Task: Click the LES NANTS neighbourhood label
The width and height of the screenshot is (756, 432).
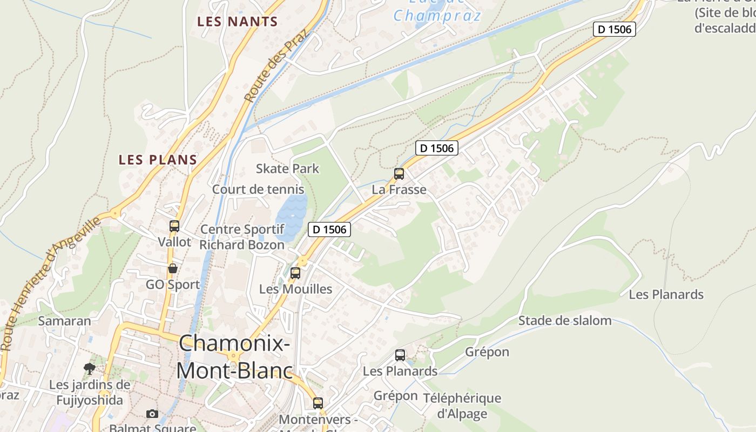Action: pos(237,22)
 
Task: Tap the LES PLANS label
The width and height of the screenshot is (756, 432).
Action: pos(158,160)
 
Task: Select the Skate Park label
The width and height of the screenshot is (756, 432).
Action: pos(287,168)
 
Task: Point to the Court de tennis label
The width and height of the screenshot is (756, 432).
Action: pos(258,190)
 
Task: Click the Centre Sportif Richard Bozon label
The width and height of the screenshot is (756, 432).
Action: pos(242,237)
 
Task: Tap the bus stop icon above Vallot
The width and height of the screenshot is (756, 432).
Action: pos(174,226)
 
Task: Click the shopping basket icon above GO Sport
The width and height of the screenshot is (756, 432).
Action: pos(173,268)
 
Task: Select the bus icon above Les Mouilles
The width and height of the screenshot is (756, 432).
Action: pos(295,273)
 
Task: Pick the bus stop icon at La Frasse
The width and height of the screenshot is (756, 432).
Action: pos(399,174)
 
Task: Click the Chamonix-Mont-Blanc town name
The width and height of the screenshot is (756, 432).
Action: pos(234,357)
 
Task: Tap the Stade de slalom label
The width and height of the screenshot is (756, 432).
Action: pos(565,321)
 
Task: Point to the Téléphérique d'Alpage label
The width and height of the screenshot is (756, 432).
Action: pos(462,406)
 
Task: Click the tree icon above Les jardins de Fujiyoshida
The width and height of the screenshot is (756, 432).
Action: pos(90,369)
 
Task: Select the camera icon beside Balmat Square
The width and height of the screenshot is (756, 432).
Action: pos(152,414)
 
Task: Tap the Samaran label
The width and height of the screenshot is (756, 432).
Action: pos(65,321)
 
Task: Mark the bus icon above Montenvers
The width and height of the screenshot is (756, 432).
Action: pos(318,403)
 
